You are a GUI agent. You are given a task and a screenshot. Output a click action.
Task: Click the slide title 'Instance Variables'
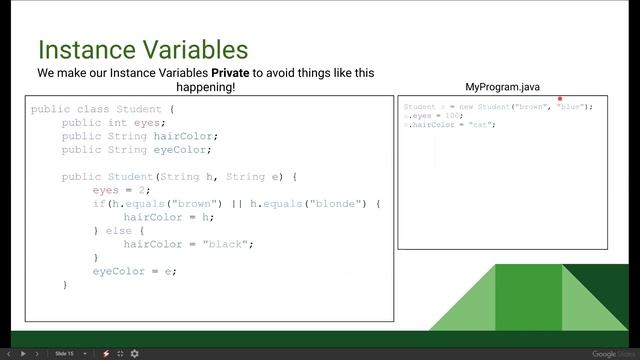tap(143, 49)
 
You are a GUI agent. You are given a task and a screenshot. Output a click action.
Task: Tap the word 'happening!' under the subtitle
tap(205, 87)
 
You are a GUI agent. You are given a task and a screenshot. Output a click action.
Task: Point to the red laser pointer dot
tap(560, 99)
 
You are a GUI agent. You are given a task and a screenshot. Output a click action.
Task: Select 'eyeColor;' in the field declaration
tap(181, 150)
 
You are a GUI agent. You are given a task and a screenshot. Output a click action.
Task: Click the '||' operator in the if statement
tap(240, 204)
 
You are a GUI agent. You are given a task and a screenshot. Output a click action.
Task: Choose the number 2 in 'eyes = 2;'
tap(143, 190)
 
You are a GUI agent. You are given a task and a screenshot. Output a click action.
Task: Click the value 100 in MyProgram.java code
tap(447, 116)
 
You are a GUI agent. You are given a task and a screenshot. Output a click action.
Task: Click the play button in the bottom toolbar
tap(23, 353)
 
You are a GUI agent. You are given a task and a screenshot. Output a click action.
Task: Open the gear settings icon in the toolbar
tap(135, 353)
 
